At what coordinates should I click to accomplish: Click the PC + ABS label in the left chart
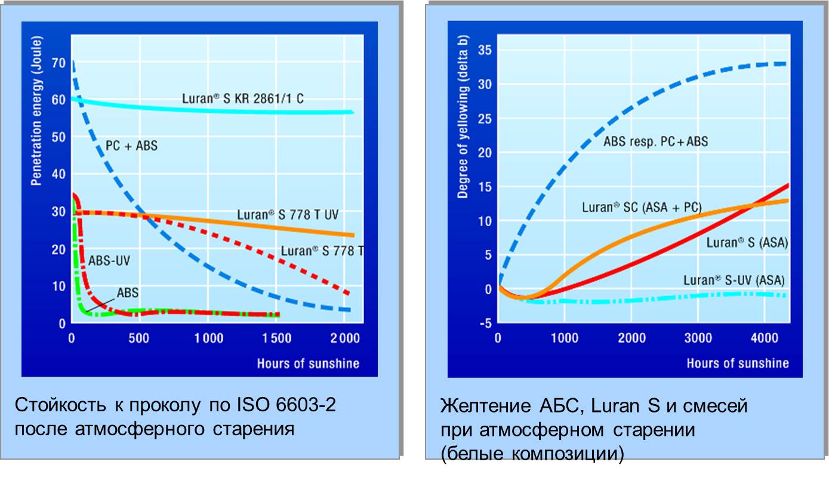[131, 145]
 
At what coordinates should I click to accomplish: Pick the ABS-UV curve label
[109, 260]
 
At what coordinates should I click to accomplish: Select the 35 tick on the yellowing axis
[484, 50]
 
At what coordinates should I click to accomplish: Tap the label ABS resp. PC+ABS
[655, 142]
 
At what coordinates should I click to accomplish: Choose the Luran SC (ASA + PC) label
[642, 207]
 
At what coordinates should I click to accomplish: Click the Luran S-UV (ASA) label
[734, 279]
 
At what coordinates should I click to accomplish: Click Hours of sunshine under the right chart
[737, 363]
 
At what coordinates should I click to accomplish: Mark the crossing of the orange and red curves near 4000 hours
[753, 205]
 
